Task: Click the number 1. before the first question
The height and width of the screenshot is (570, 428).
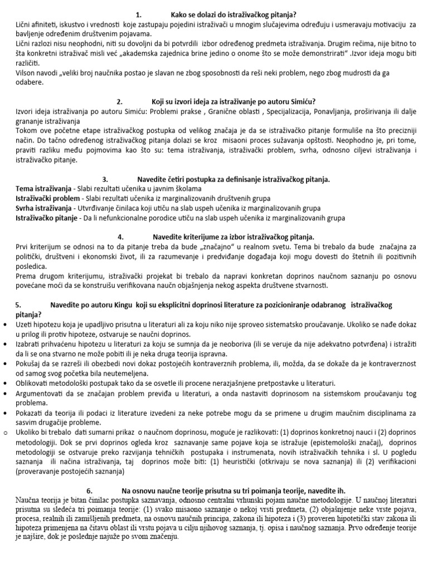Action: click(x=139, y=14)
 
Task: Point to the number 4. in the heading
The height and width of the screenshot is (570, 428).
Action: click(x=121, y=237)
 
